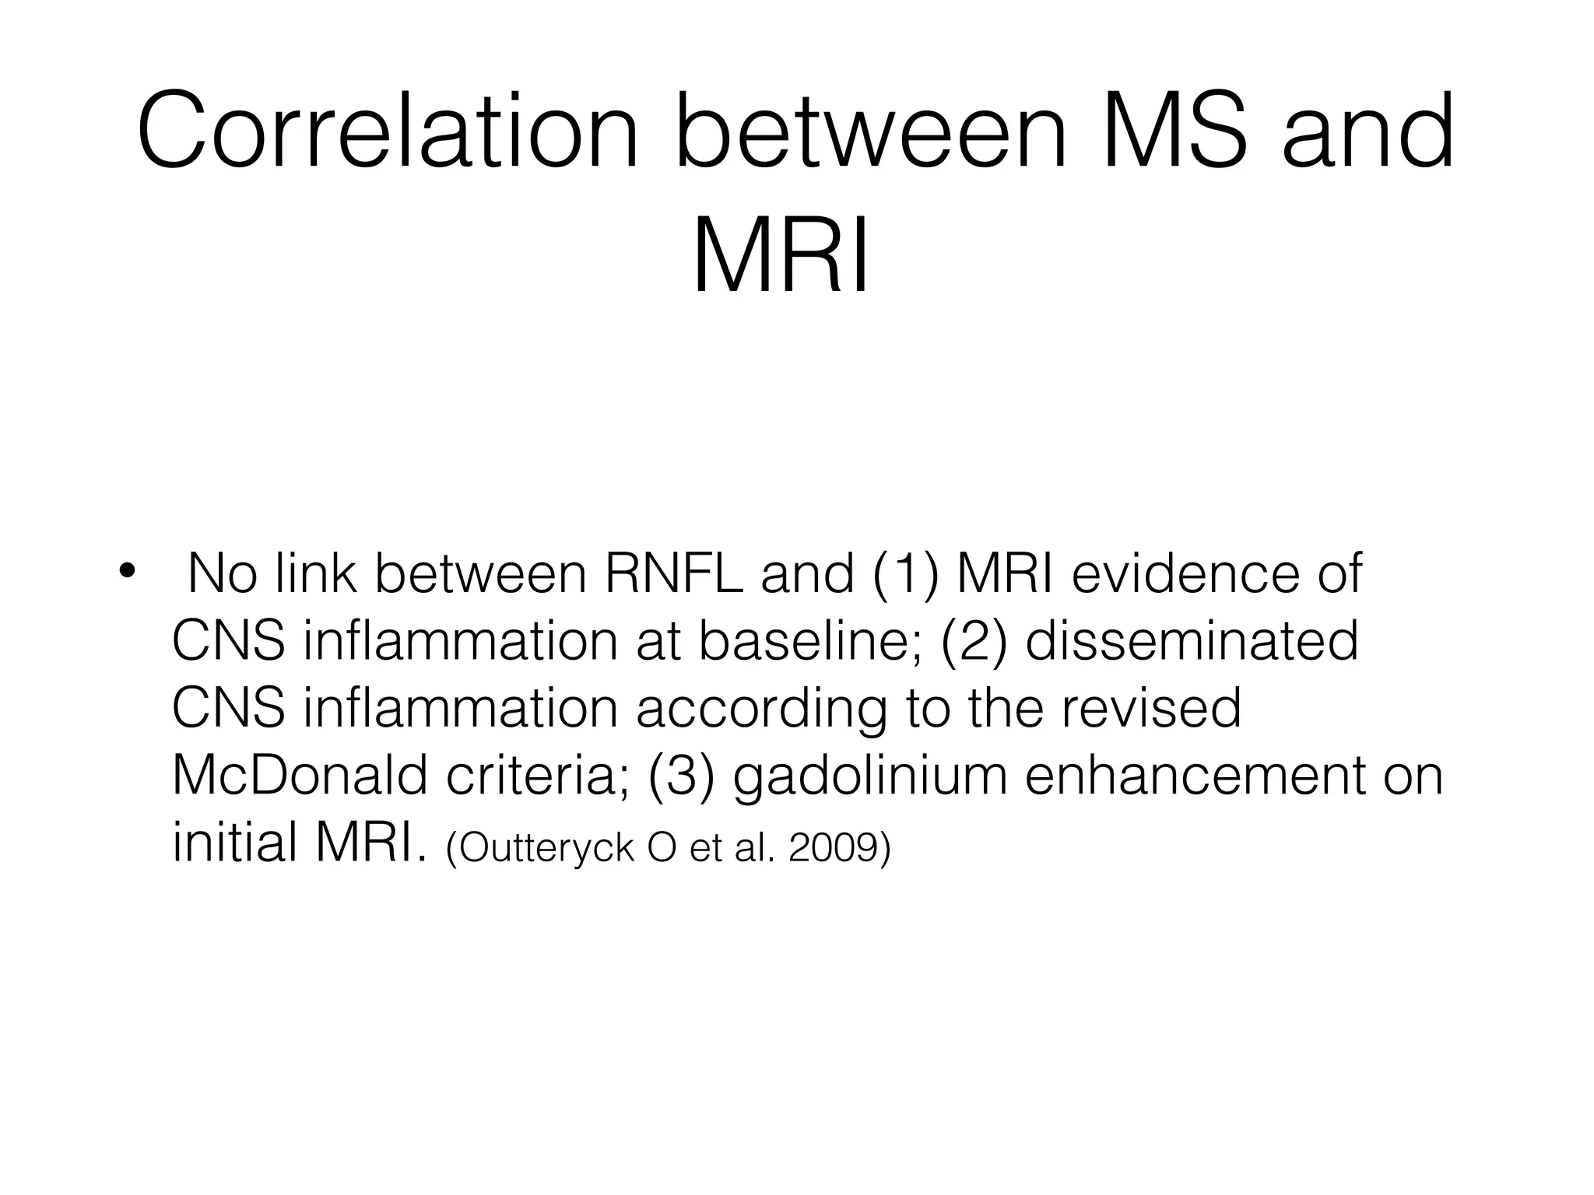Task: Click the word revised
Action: point(1143,709)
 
